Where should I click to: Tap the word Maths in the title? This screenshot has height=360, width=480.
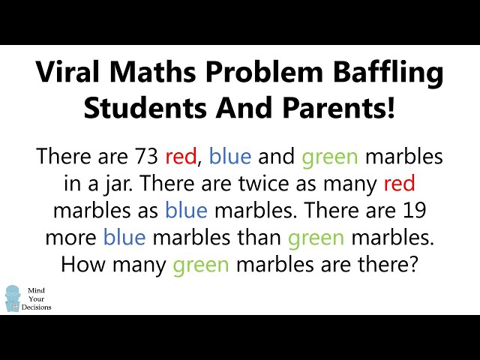point(152,72)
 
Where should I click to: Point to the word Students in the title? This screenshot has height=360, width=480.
point(145,108)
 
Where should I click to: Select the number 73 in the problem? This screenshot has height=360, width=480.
point(146,157)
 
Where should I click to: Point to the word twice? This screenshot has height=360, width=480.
point(263,184)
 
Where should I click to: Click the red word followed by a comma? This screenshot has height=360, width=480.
point(181,157)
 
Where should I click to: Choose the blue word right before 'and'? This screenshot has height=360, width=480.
point(230,156)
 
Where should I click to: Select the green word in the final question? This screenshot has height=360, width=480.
point(201,265)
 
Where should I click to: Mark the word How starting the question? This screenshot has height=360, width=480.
point(82,265)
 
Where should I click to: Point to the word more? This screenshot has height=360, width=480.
point(70,238)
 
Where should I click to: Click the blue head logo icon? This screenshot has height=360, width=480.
point(13,298)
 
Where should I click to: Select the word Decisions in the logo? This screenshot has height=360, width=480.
point(37,307)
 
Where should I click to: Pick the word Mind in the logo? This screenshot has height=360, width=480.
point(36,290)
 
